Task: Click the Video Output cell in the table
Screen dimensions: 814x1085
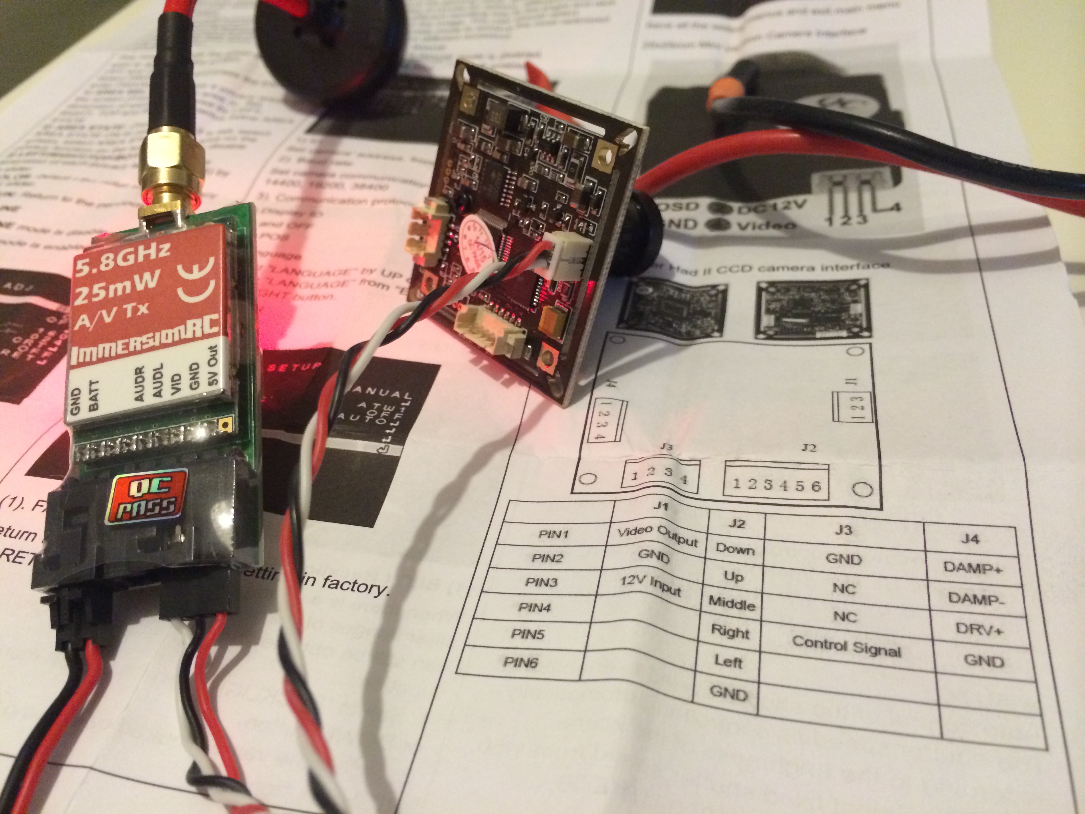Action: click(657, 535)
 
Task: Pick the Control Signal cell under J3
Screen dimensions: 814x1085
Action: click(847, 647)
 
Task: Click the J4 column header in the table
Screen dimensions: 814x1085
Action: click(970, 539)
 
